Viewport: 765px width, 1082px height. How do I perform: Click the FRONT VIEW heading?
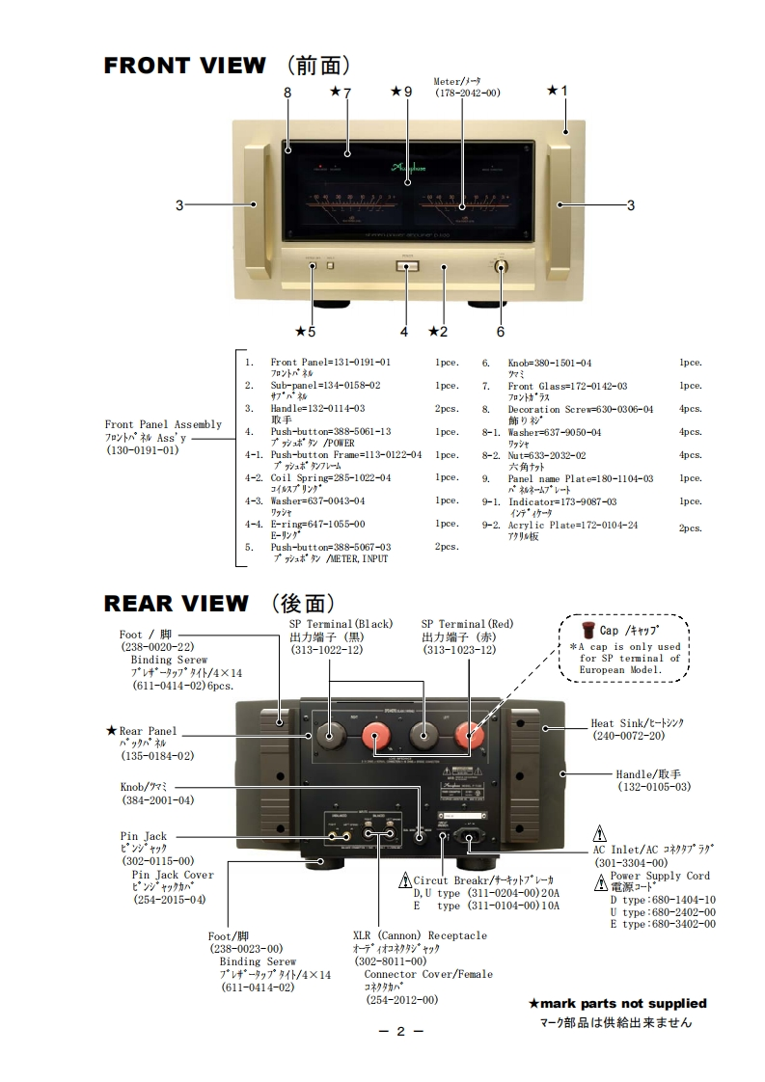tap(183, 66)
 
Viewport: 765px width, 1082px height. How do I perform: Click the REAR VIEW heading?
tap(176, 604)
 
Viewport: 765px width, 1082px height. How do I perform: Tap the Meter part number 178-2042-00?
tap(467, 93)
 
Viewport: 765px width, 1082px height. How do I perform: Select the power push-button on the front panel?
tap(406, 266)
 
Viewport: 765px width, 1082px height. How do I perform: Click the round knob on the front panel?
tap(502, 266)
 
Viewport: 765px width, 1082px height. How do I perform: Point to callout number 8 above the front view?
tap(287, 93)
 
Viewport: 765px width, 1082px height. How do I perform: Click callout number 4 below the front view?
tap(404, 332)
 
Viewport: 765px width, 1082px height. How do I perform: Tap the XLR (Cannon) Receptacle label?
tap(420, 935)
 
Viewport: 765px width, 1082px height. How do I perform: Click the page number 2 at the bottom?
tap(399, 1031)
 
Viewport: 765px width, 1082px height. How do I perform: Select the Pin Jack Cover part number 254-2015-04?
tap(170, 899)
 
